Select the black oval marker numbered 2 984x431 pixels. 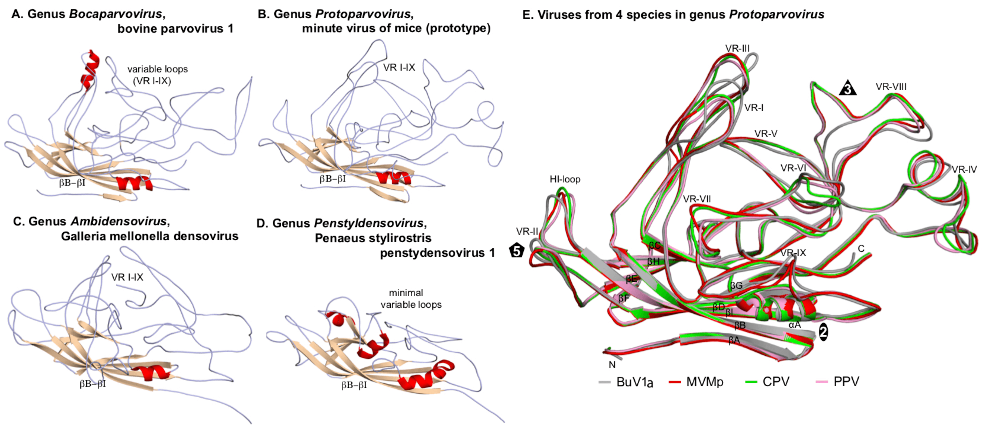point(824,332)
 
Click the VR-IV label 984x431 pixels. point(964,169)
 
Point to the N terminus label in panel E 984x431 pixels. point(612,365)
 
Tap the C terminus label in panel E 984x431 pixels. point(861,249)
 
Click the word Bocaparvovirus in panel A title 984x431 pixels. point(115,14)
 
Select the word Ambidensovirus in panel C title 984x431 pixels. point(118,221)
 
